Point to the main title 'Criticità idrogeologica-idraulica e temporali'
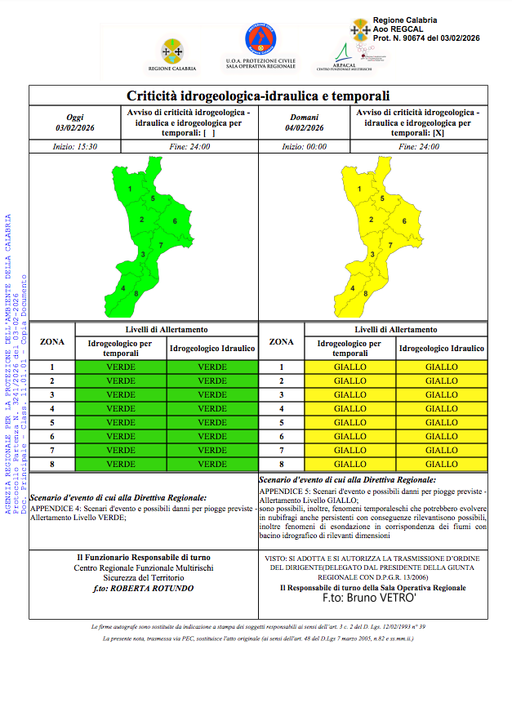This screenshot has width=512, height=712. [x=258, y=96]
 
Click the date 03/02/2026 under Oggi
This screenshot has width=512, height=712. [x=74, y=127]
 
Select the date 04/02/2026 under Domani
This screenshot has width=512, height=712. [x=305, y=127]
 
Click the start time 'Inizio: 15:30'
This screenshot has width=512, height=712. [x=75, y=147]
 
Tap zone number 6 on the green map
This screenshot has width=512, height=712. [x=175, y=221]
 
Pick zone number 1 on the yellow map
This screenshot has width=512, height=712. [x=360, y=190]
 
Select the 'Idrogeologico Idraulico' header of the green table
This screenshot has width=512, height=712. [x=212, y=349]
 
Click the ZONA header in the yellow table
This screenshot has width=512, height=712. [x=281, y=341]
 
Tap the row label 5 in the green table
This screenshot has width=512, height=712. [x=52, y=422]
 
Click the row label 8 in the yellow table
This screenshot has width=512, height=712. [x=281, y=464]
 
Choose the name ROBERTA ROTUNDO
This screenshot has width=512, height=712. [x=154, y=587]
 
